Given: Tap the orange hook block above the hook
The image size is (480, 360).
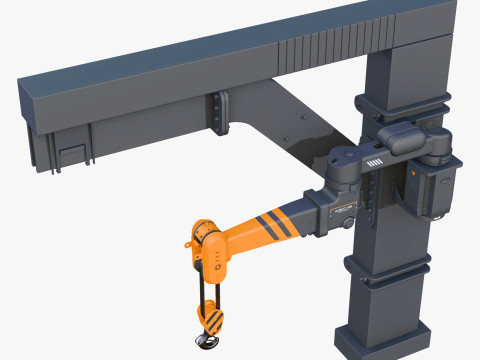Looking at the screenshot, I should pyautogui.click(x=213, y=317).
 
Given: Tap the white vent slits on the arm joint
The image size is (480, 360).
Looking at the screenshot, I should pyautogui.click(x=375, y=163).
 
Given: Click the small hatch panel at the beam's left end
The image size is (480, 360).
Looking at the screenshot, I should pyautogui.click(x=70, y=156).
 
